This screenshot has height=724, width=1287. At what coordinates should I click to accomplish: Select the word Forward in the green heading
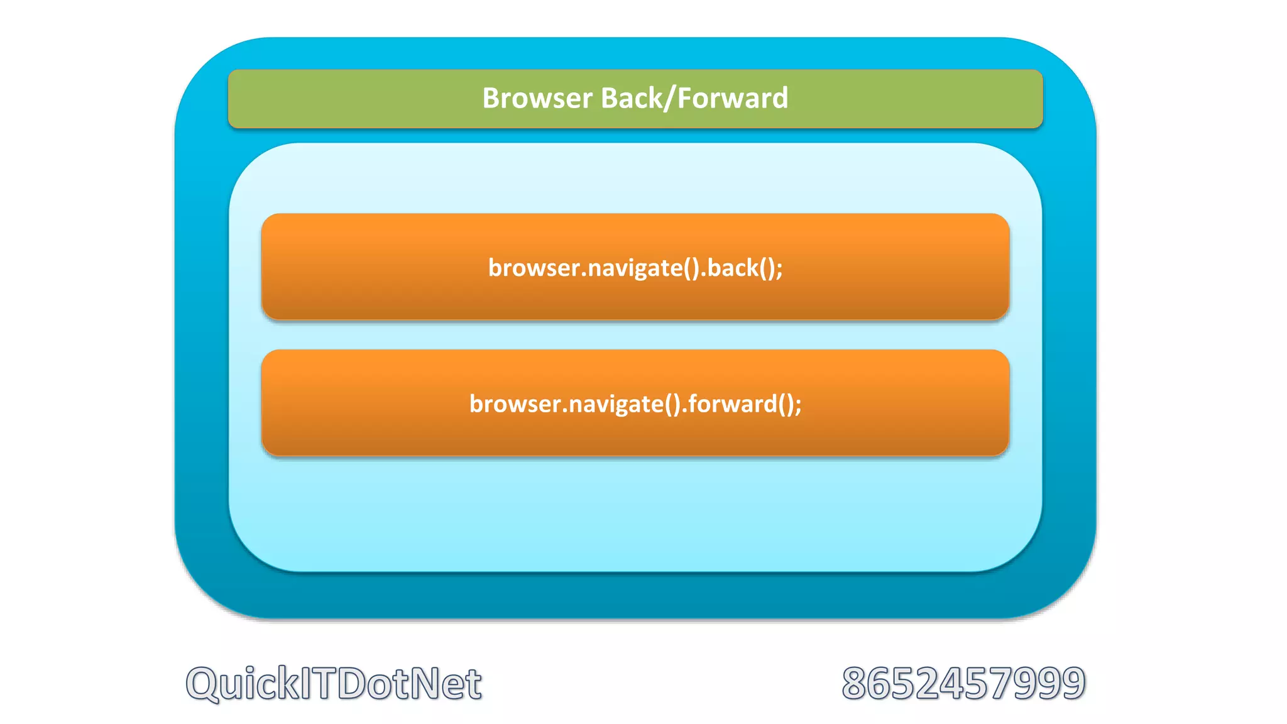click(x=733, y=99)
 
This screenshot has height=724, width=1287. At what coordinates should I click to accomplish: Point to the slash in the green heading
click(x=667, y=99)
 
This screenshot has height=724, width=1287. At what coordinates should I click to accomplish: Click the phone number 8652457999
click(x=963, y=683)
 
